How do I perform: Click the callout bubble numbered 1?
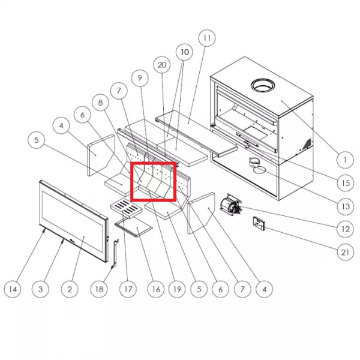[345, 160]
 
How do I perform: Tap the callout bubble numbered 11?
[207, 38]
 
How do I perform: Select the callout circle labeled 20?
[162, 65]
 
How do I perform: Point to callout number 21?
[345, 253]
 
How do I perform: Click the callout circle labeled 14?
[13, 289]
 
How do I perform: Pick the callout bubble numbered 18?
[99, 289]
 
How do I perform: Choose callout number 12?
[345, 229]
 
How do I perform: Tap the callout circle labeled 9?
[140, 78]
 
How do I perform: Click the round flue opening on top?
[263, 86]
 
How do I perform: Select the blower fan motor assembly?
[230, 205]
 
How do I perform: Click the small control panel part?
[259, 223]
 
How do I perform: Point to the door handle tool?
[115, 254]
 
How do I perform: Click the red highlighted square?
[153, 182]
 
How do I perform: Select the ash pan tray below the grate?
[134, 227]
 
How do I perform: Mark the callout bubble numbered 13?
[345, 206]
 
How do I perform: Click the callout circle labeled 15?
[345, 183]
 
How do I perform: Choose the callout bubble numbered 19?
[177, 289]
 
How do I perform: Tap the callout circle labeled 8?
[100, 103]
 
